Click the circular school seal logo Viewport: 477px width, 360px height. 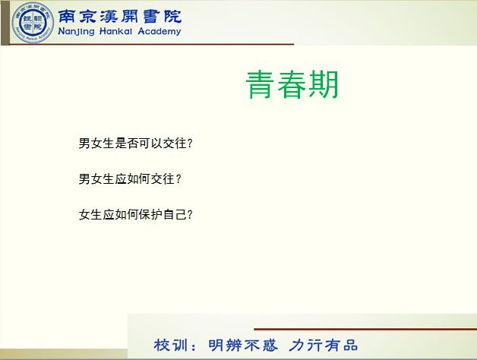[x=33, y=23]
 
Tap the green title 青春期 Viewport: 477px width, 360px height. [x=292, y=84]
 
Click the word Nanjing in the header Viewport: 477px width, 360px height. [x=76, y=31]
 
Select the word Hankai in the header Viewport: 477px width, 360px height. [x=115, y=31]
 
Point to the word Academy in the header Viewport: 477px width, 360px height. [x=160, y=31]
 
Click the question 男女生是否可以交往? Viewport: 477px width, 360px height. [x=136, y=143]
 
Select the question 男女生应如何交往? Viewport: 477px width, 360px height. [x=130, y=178]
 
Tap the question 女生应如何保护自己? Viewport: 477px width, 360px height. [x=136, y=214]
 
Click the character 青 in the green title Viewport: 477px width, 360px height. [x=260, y=84]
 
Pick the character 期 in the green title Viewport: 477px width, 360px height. [x=324, y=84]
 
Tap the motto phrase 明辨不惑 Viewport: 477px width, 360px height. [x=243, y=345]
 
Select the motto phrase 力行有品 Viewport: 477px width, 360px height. [x=323, y=345]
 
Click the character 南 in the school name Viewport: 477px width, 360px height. [x=67, y=16]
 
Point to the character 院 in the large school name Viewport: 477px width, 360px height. [x=172, y=16]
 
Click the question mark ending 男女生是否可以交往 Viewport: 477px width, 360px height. [x=190, y=143]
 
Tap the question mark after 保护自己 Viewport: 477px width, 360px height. [x=190, y=214]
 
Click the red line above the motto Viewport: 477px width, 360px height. [x=365, y=329]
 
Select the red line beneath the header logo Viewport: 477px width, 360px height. [x=152, y=44]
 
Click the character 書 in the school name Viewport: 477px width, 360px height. [x=152, y=16]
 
